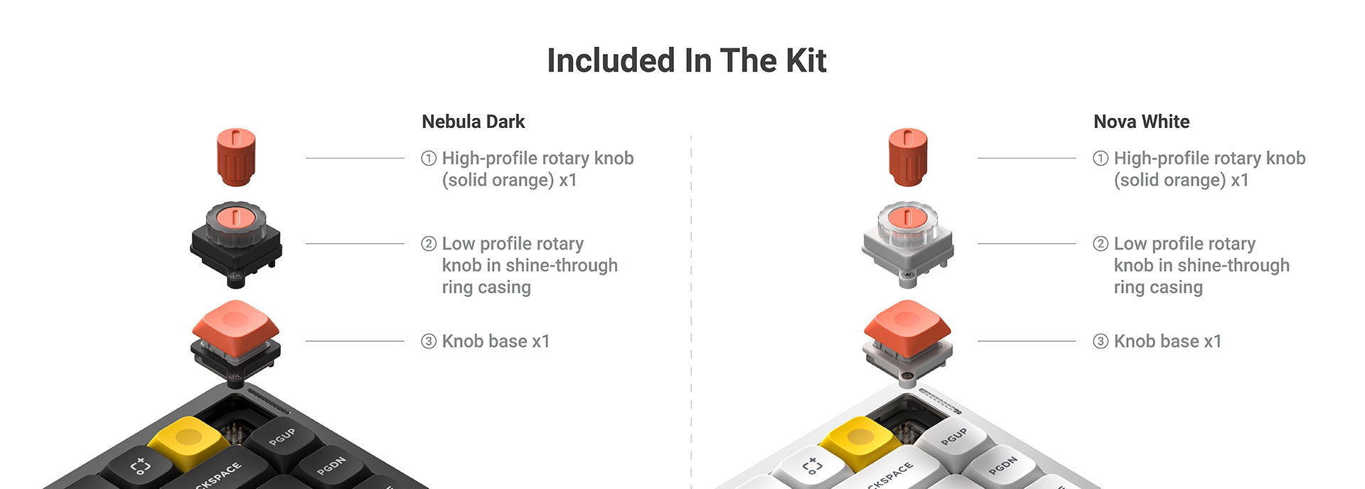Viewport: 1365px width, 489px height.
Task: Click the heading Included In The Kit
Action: [686, 60]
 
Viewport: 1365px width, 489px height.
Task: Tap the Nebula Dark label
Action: [473, 122]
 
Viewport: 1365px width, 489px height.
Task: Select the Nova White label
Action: [1141, 122]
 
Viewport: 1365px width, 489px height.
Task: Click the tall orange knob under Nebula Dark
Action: [235, 157]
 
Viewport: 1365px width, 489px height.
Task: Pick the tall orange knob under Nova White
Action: [908, 157]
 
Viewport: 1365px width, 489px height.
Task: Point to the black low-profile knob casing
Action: [235, 245]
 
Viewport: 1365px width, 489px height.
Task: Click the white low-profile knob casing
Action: [908, 245]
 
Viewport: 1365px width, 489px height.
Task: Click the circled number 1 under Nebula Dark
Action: [429, 158]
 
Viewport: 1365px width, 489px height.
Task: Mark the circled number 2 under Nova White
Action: [1101, 244]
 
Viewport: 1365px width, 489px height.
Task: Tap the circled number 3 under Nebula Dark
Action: [429, 341]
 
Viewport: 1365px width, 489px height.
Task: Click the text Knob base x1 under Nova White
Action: [1167, 341]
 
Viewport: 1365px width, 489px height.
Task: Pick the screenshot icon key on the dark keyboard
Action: [141, 466]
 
